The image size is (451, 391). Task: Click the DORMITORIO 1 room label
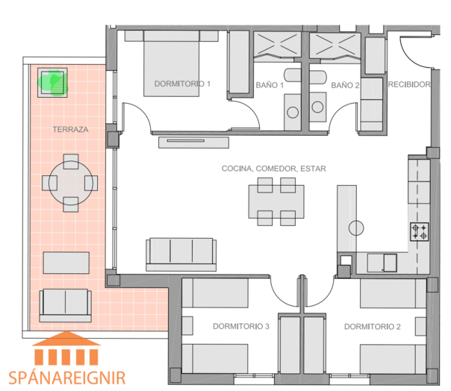click(182, 84)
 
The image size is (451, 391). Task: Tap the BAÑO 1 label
click(270, 85)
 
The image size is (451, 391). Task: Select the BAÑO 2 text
click(345, 85)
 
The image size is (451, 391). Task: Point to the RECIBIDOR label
click(409, 84)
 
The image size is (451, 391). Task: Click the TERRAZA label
click(70, 129)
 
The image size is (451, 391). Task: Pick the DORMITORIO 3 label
click(241, 326)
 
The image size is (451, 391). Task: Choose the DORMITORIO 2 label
click(373, 327)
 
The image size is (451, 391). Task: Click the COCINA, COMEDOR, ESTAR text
click(274, 169)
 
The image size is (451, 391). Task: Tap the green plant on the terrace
click(53, 82)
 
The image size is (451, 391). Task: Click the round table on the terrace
click(71, 183)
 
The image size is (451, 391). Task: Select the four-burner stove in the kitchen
click(420, 232)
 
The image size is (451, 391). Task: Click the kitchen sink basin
click(390, 263)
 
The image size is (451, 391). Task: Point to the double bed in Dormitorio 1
click(172, 63)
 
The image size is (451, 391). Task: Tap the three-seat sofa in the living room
click(181, 254)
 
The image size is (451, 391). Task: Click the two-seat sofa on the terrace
click(66, 305)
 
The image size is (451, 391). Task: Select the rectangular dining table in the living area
click(276, 201)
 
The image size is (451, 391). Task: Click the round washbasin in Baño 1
click(293, 112)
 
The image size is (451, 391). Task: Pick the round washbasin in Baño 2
click(317, 107)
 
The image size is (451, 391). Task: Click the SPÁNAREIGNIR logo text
click(67, 378)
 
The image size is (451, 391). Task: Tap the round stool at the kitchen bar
click(356, 228)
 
